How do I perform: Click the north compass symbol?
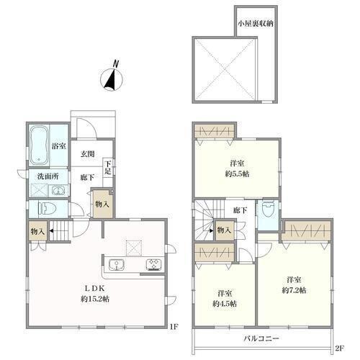coord(112,78)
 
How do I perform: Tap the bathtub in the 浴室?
coord(39,146)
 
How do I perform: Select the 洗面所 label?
coord(48,176)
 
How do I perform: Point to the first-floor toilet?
coord(47,208)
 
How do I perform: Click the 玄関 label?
coord(88,154)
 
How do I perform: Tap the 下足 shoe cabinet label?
coord(108,168)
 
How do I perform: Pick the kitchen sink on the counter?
coord(116,265)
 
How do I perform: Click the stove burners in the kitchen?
coord(154,264)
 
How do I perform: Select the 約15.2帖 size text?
coord(95,299)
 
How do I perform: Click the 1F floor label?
coord(174,326)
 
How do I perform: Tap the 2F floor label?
coord(340,348)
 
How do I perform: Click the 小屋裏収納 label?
coord(256,23)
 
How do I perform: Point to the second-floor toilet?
coord(268,210)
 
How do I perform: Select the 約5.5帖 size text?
coord(237,174)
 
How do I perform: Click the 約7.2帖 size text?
coord(294,290)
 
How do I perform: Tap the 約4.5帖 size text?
coord(225,304)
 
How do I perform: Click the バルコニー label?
coord(261,338)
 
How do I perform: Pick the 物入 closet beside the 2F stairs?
coord(224,230)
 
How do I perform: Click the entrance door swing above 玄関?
coord(86,128)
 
